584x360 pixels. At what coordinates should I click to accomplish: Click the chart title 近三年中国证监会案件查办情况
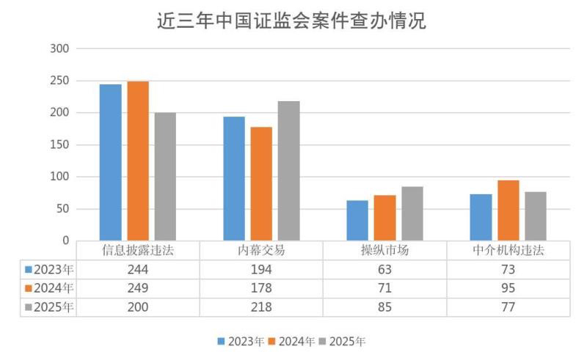[x=291, y=21]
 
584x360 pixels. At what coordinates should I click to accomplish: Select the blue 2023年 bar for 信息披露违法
[x=111, y=162]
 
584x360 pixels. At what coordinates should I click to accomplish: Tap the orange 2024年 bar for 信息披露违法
[x=138, y=161]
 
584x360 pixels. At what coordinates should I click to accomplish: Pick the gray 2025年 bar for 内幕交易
[x=288, y=171]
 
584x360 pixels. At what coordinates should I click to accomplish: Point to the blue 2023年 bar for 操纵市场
[x=357, y=220]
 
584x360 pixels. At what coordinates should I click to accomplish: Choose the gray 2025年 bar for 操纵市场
[x=412, y=213]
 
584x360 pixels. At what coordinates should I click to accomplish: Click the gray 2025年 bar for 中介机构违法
[x=536, y=216]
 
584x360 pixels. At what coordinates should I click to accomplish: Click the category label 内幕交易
[x=261, y=250]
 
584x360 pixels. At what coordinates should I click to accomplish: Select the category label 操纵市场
[x=384, y=250]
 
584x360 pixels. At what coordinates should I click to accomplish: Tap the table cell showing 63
[x=384, y=269]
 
